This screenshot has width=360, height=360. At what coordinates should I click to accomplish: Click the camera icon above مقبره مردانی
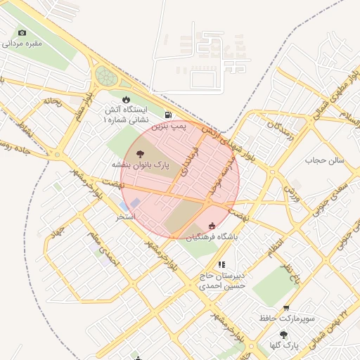(x=22, y=32)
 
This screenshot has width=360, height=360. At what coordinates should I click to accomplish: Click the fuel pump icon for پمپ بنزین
(x=167, y=115)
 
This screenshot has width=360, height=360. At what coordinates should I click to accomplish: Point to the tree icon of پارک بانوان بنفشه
(x=140, y=153)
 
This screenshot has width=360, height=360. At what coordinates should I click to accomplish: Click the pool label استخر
(x=127, y=217)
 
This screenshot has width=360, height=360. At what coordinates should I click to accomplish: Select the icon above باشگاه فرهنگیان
(x=212, y=225)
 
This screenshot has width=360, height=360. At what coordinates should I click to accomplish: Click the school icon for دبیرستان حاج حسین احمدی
(x=221, y=265)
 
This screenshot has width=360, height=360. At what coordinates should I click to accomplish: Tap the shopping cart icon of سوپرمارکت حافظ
(x=286, y=308)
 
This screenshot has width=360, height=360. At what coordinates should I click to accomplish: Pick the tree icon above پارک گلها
(x=284, y=335)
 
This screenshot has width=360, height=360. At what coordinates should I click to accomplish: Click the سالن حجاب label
(x=328, y=160)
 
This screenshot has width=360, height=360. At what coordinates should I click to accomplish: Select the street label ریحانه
(x=53, y=101)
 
